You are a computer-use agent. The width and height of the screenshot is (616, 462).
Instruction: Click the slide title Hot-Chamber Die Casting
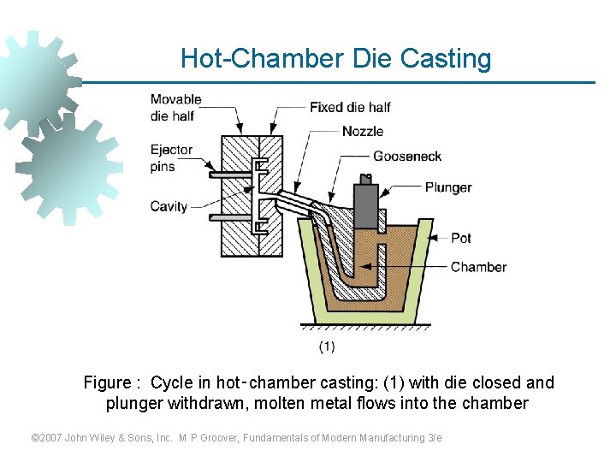pos(336,59)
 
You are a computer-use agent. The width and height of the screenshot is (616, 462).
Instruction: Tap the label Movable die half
pos(175,108)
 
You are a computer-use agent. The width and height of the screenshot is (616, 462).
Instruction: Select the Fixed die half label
pos(350,107)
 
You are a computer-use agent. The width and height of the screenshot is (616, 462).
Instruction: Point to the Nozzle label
pos(363,131)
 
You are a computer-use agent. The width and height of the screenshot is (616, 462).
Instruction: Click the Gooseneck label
pos(407,156)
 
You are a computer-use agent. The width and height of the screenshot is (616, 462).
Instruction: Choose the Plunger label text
pos(448,187)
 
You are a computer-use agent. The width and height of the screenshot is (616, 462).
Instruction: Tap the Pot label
pos(461,238)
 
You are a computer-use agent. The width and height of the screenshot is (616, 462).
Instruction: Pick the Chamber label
pos(478,267)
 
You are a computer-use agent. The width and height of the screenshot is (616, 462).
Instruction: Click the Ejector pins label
pos(171,158)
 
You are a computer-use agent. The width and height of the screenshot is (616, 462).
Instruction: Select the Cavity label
pos(169,206)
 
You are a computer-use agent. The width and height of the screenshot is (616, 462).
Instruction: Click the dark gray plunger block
pos(367,206)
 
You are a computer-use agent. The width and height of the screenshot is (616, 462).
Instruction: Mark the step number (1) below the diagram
pos(327,346)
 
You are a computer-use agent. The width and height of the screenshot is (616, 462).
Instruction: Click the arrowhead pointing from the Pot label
pos(433,238)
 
